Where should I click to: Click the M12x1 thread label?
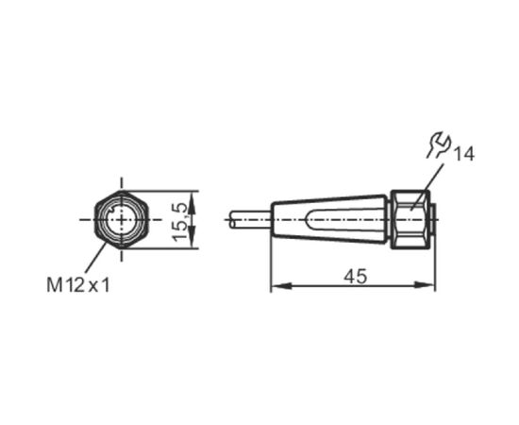tap(78, 285)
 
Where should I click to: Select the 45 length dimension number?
tap(356, 277)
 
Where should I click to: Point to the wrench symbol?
tap(438, 144)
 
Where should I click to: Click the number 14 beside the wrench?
tap(463, 154)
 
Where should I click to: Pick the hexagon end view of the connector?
tap(122, 220)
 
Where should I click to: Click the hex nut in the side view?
tap(410, 220)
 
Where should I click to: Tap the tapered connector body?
tap(329, 220)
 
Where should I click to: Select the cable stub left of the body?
tap(251, 220)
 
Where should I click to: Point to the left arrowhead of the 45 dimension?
tap(281, 285)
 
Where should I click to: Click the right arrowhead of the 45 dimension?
tap(425, 285)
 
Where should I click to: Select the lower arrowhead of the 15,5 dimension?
tap(192, 237)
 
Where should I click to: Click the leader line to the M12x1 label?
tap(95, 258)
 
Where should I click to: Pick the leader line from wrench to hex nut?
tap(427, 186)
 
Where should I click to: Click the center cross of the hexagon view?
tap(122, 220)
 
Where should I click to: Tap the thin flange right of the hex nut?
tap(433, 220)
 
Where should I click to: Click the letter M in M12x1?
tap(55, 285)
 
